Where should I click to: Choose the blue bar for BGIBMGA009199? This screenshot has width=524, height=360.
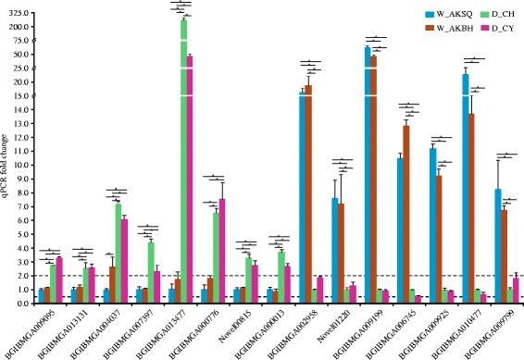tap(367, 176)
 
